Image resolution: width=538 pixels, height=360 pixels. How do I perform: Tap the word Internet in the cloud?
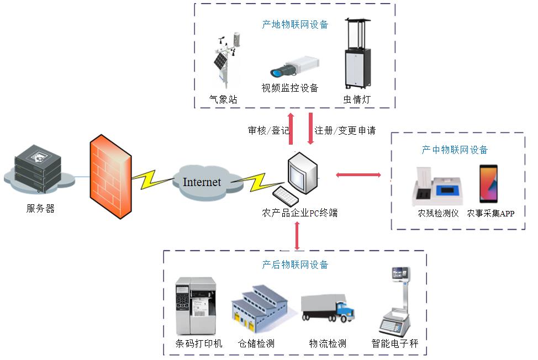(202, 182)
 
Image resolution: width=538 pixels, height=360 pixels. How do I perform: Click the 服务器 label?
(40, 209)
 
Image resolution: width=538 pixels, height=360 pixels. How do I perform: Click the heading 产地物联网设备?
(295, 24)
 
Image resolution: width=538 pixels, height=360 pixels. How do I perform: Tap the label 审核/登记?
(268, 131)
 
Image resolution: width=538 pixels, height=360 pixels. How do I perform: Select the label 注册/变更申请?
(345, 131)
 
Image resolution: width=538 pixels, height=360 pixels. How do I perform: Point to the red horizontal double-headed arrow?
(358, 175)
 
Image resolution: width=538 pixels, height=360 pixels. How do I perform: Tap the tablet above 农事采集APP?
(488, 184)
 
